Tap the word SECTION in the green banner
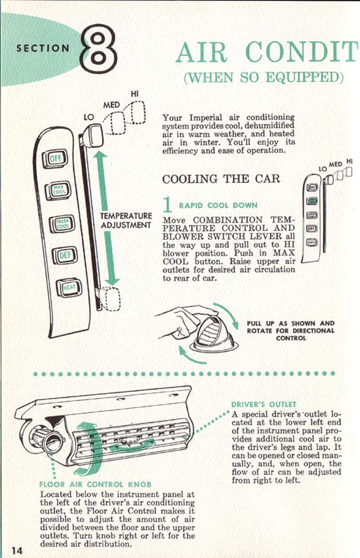43,48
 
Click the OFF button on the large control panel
57,159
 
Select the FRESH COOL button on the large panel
62,224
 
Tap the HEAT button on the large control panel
69,288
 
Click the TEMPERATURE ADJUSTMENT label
126,220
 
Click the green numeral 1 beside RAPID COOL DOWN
168,204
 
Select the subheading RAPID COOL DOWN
218,206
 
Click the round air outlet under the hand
209,335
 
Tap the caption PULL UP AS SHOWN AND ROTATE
290,331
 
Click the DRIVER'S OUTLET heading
263,405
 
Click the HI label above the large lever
134,94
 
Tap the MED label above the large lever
112,104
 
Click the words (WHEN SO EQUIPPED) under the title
263,78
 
